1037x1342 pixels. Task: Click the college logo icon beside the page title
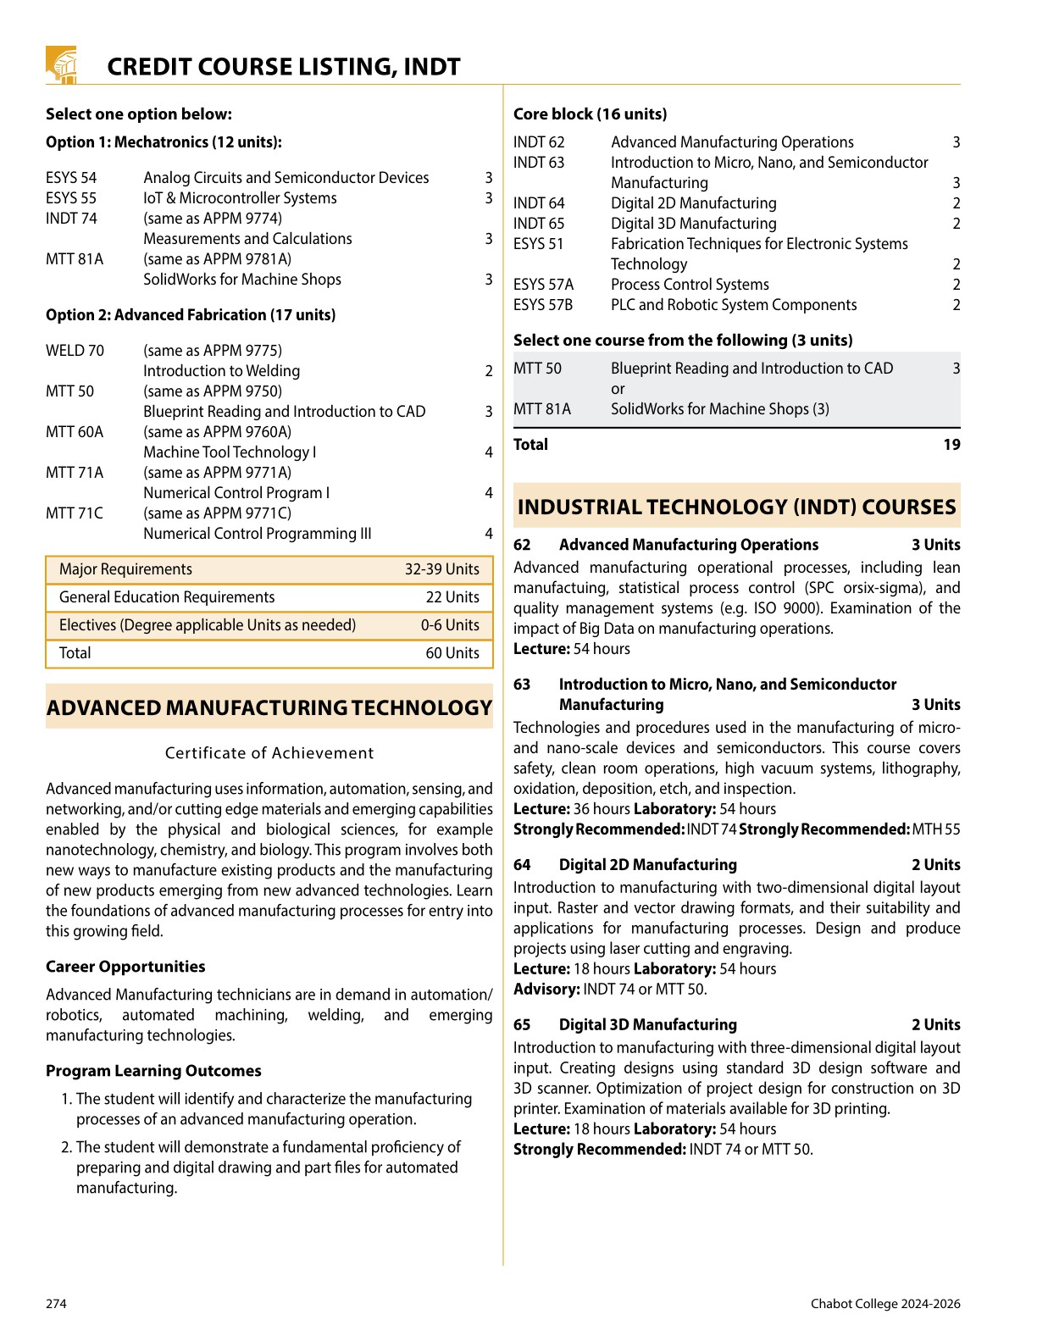[x=62, y=64]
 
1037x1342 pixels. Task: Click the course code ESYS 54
[x=71, y=178]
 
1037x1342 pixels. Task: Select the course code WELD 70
[x=75, y=351]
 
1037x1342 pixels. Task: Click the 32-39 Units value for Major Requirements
[x=441, y=569]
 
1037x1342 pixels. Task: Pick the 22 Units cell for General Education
[x=452, y=597]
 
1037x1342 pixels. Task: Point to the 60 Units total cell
[x=452, y=653]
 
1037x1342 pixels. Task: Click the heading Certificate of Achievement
[x=269, y=753]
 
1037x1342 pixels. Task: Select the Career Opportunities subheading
[x=125, y=967]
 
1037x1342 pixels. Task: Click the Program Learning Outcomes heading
[x=153, y=1071]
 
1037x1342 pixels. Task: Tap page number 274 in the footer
[x=56, y=1304]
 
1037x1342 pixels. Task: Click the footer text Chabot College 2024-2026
[x=885, y=1304]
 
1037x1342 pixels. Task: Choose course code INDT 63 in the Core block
[x=539, y=163]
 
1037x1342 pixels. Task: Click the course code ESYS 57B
[x=543, y=305]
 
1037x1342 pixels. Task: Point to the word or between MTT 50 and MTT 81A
[x=618, y=389]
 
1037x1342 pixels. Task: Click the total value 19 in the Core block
[x=951, y=445]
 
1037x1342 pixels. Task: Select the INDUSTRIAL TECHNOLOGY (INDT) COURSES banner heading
[x=736, y=507]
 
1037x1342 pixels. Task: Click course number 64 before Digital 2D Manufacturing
[x=522, y=865]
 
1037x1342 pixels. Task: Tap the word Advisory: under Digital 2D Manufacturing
[x=546, y=990]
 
